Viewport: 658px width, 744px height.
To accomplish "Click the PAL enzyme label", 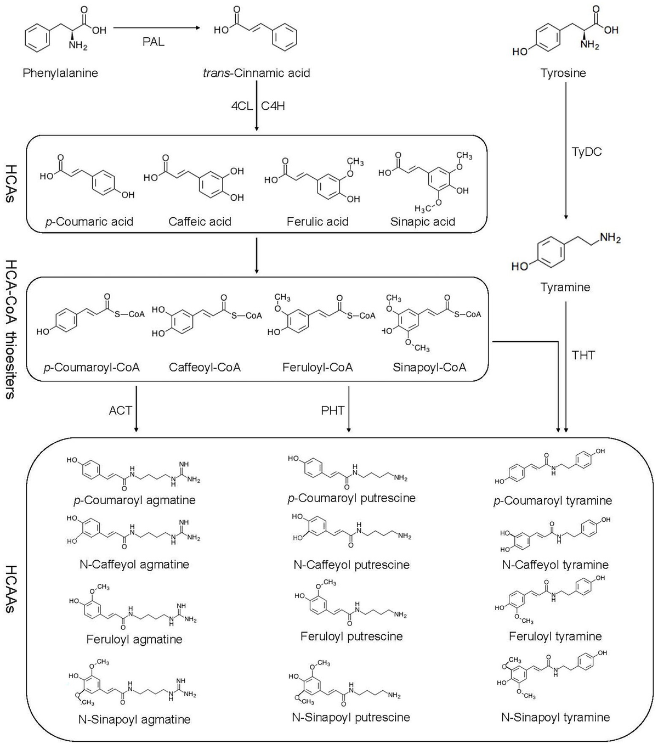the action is tap(154, 42).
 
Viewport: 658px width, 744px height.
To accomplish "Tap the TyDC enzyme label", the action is tap(587, 151).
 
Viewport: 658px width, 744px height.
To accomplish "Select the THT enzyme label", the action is tap(583, 355).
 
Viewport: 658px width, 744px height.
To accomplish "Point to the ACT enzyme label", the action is tap(121, 410).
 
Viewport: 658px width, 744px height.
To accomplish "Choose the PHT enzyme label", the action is tap(333, 410).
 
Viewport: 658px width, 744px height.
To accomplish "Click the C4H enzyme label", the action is tap(273, 106).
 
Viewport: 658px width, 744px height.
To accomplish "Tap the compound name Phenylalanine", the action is tap(60, 73).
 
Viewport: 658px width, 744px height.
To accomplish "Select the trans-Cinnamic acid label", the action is tap(257, 73).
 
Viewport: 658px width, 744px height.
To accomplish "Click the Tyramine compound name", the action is tap(565, 287).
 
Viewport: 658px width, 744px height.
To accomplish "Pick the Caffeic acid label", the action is tap(200, 222).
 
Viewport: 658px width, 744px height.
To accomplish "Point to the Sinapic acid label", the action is tap(423, 222).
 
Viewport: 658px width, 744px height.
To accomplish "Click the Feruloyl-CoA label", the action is tap(317, 367).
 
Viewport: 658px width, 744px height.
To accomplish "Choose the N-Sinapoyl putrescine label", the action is tap(351, 717).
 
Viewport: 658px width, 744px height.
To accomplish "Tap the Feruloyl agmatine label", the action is tap(134, 639).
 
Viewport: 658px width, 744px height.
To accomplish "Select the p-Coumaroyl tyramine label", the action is tap(553, 501).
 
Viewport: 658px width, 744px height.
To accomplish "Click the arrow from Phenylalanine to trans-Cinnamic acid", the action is tap(157, 27).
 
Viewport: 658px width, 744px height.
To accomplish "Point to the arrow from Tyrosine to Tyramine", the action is tap(565, 150).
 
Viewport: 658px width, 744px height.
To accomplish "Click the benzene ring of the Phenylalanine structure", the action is tap(37, 38).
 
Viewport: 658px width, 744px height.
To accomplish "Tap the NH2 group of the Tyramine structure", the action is tap(610, 238).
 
